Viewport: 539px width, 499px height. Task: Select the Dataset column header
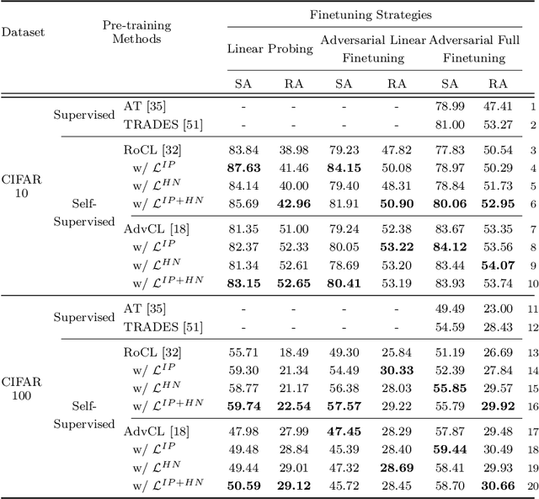pyautogui.click(x=23, y=32)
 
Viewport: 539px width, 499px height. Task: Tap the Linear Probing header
pyautogui.click(x=270, y=49)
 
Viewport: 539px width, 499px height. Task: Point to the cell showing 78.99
pyautogui.click(x=449, y=107)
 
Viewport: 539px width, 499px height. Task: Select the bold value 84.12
pyautogui.click(x=449, y=246)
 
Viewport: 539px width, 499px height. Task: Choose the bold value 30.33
pyautogui.click(x=396, y=369)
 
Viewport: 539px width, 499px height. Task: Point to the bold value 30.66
pyautogui.click(x=498, y=486)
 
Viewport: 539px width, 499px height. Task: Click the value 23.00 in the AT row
pyautogui.click(x=498, y=309)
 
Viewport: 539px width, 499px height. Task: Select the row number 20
pyautogui.click(x=531, y=486)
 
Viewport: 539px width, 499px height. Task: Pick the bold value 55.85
pyautogui.click(x=449, y=389)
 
